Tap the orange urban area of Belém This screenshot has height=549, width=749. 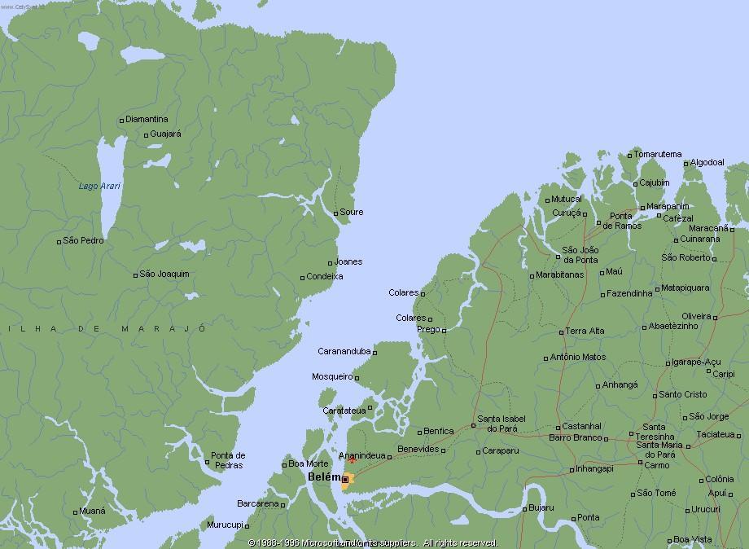348,481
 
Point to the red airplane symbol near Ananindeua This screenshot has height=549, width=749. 352,459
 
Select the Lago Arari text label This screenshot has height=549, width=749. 99,187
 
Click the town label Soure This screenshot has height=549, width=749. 352,212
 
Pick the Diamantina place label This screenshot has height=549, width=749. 147,119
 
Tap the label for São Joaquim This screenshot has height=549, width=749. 164,274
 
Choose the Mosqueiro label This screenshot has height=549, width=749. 331,376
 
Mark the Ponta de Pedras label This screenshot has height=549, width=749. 228,459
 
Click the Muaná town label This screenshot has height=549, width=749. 93,511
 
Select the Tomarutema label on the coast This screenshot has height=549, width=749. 658,154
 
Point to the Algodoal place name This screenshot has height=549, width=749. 707,162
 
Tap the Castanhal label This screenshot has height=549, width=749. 582,426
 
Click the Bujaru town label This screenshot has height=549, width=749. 541,507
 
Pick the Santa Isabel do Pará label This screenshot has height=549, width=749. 502,424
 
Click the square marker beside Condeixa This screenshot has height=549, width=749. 303,278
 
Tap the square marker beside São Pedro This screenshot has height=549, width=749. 59,242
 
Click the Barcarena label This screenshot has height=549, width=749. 257,503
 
